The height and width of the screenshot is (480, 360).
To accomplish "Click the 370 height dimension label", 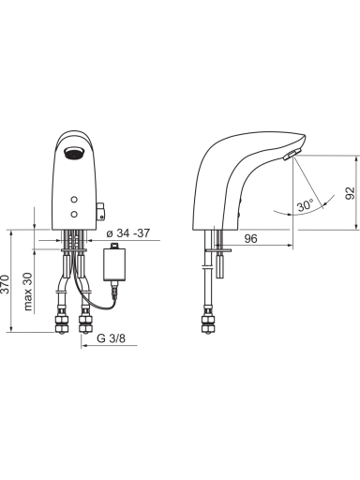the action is coord(5,284).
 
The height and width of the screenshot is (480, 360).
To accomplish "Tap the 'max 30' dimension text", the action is coord(28,292).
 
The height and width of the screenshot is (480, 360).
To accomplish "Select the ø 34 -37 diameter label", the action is coord(128,233).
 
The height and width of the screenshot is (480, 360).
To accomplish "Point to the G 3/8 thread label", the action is coord(111,338).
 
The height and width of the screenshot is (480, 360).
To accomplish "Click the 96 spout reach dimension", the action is coord(250,239).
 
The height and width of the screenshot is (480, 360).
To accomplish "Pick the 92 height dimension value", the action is coord(351,193).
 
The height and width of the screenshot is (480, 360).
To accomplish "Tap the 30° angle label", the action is coord(305,205).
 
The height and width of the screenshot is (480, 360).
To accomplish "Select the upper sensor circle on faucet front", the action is coord(74,200).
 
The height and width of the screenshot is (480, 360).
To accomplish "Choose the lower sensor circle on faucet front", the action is coord(74,214).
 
